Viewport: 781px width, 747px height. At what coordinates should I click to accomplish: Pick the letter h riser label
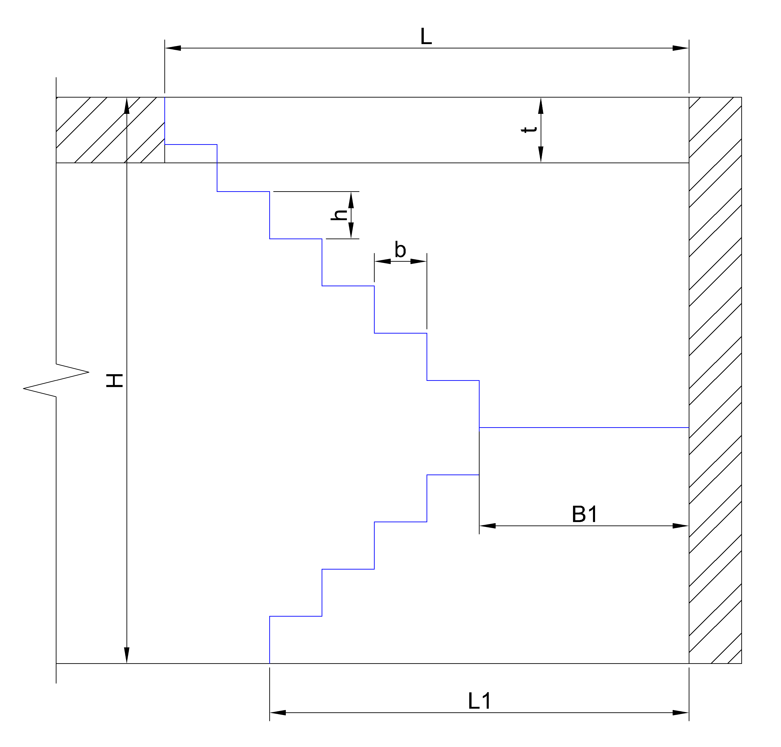click(x=339, y=215)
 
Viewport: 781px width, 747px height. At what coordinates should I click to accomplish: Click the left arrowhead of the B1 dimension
click(x=487, y=526)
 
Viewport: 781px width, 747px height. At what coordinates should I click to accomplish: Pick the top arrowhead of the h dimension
click(x=351, y=200)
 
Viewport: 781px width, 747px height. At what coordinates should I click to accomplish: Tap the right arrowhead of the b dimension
click(x=418, y=261)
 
